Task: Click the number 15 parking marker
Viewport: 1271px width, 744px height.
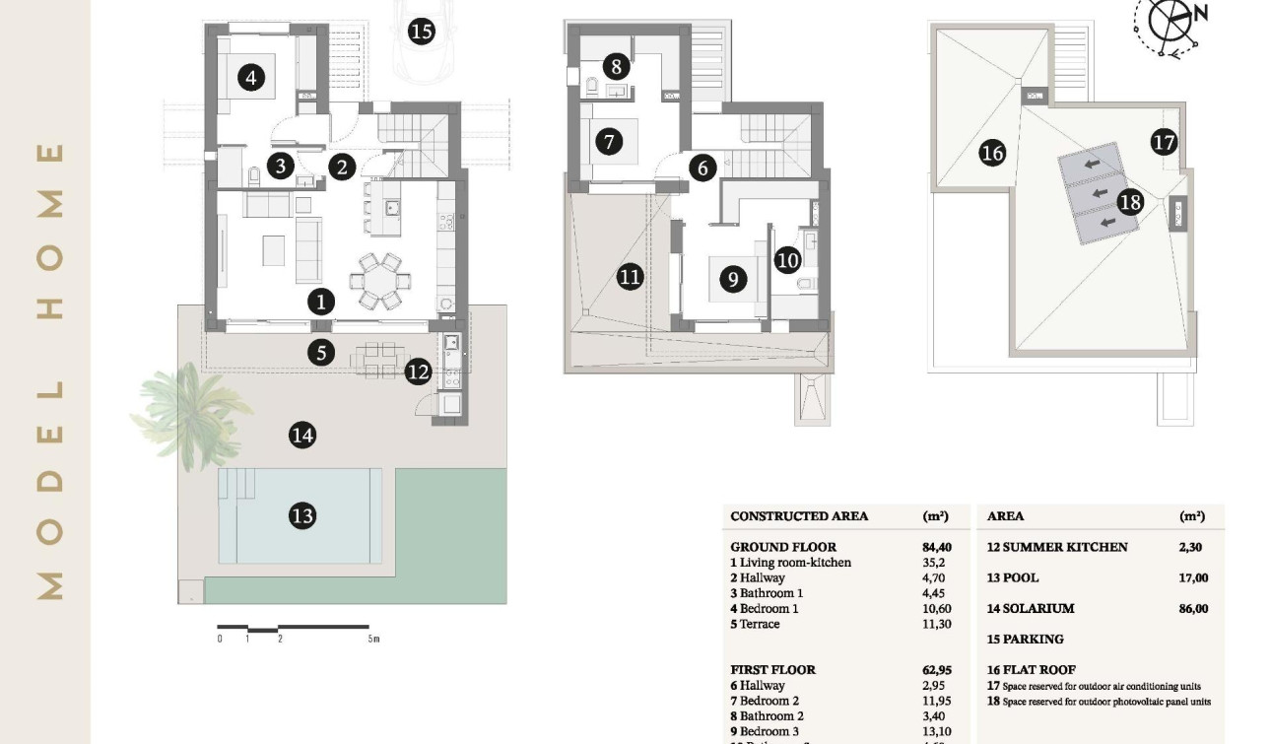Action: click(421, 32)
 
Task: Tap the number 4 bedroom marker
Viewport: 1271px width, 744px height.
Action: click(251, 77)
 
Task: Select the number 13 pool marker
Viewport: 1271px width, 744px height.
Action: click(302, 515)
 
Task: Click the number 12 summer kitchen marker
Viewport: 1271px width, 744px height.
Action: click(418, 372)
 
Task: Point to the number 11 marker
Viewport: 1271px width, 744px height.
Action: click(630, 277)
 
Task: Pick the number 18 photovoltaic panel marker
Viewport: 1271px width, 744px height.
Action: click(1130, 203)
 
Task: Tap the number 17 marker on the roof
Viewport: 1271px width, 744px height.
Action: click(1164, 142)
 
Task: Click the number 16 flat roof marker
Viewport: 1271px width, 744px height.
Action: click(992, 153)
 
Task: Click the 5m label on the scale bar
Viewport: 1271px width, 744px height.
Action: click(373, 640)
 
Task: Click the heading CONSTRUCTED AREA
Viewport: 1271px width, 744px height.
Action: click(799, 516)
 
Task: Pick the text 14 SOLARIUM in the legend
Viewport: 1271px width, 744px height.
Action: click(1030, 609)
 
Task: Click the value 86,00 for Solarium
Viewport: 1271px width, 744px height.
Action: click(1192, 609)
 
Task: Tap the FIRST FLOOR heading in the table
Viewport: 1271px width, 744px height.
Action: click(772, 670)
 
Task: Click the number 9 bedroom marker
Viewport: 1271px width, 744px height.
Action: click(732, 280)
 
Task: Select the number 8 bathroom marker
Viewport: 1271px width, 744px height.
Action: click(616, 67)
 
